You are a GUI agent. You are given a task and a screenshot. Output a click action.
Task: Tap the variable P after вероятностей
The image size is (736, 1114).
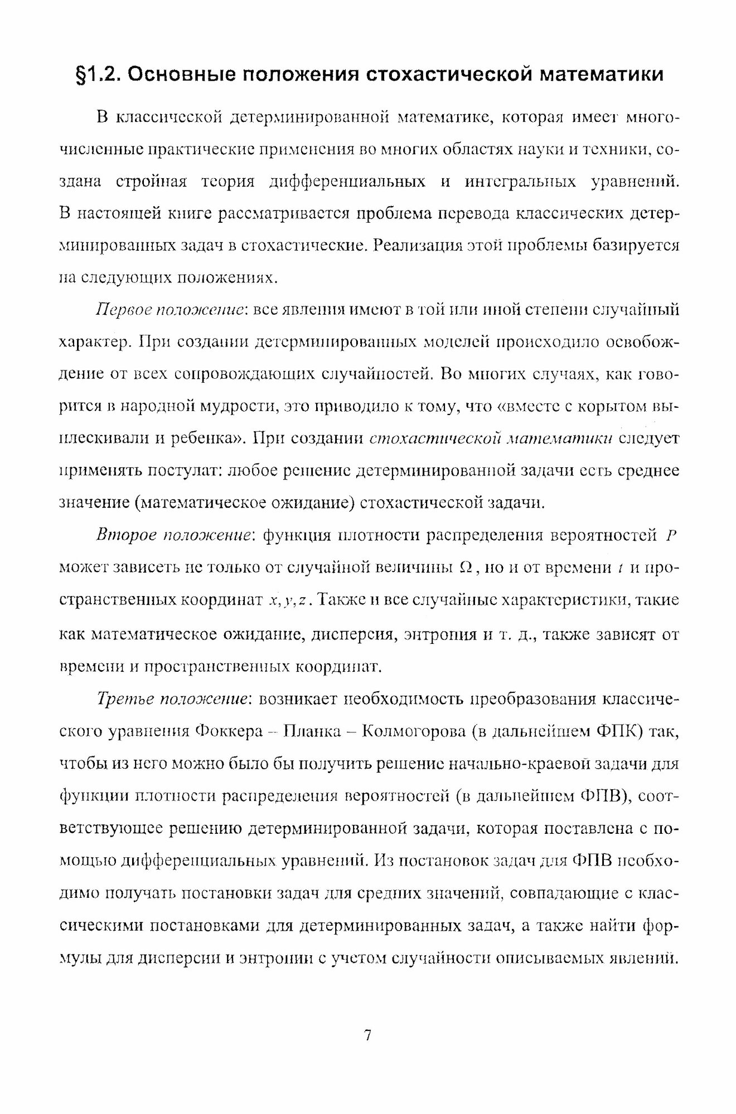point(671,536)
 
